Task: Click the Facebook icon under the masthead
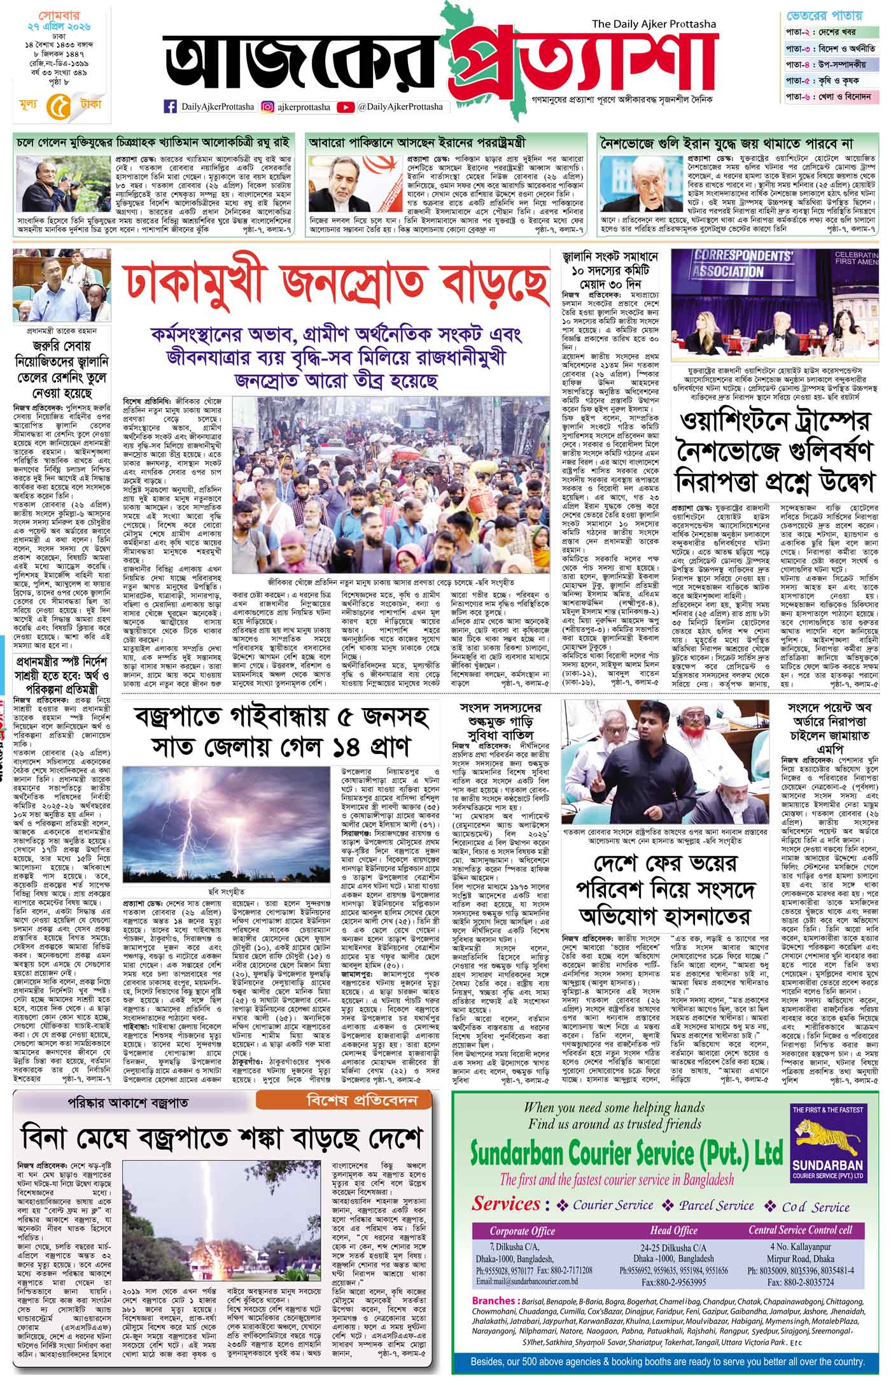[x=171, y=107]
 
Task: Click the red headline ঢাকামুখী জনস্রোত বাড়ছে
[x=336, y=281]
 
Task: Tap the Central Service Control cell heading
[x=800, y=1231]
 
